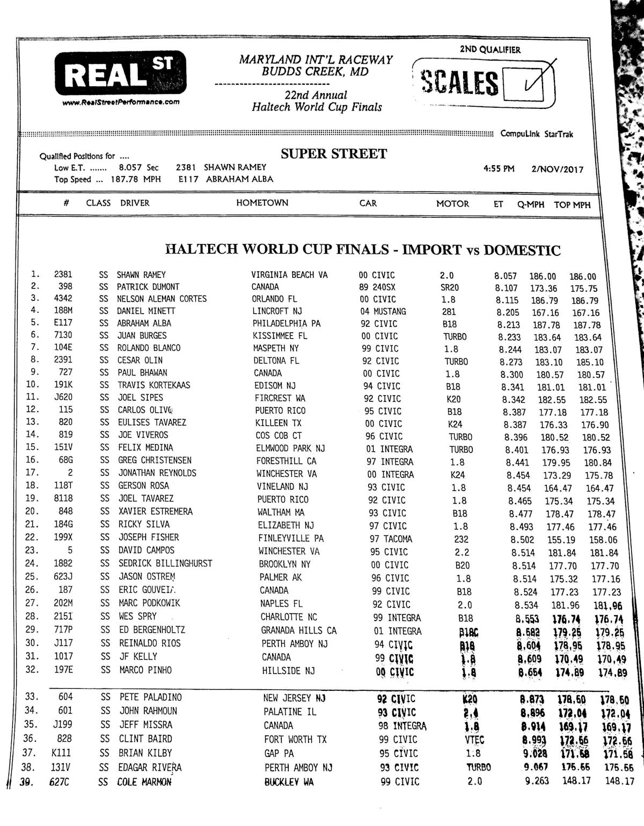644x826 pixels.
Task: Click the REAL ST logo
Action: [x=120, y=73]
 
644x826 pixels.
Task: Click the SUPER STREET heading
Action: [x=333, y=154]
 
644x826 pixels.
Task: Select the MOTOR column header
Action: [x=452, y=204]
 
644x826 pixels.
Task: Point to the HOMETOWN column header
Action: [x=262, y=203]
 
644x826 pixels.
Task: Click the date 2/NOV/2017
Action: [x=557, y=169]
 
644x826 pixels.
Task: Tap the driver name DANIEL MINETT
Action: [x=146, y=311]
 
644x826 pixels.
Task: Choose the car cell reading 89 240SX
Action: [x=377, y=287]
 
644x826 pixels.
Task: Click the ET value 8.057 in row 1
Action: [x=506, y=276]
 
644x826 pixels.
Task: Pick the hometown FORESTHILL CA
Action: [x=286, y=461]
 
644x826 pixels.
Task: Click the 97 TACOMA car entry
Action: [x=391, y=539]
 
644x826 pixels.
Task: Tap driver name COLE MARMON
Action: [x=144, y=782]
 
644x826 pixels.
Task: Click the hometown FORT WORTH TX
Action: [x=295, y=739]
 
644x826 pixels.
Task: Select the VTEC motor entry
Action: [x=474, y=740]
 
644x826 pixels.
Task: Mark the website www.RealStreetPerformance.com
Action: [x=121, y=102]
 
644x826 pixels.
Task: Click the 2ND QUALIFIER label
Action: [x=490, y=50]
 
